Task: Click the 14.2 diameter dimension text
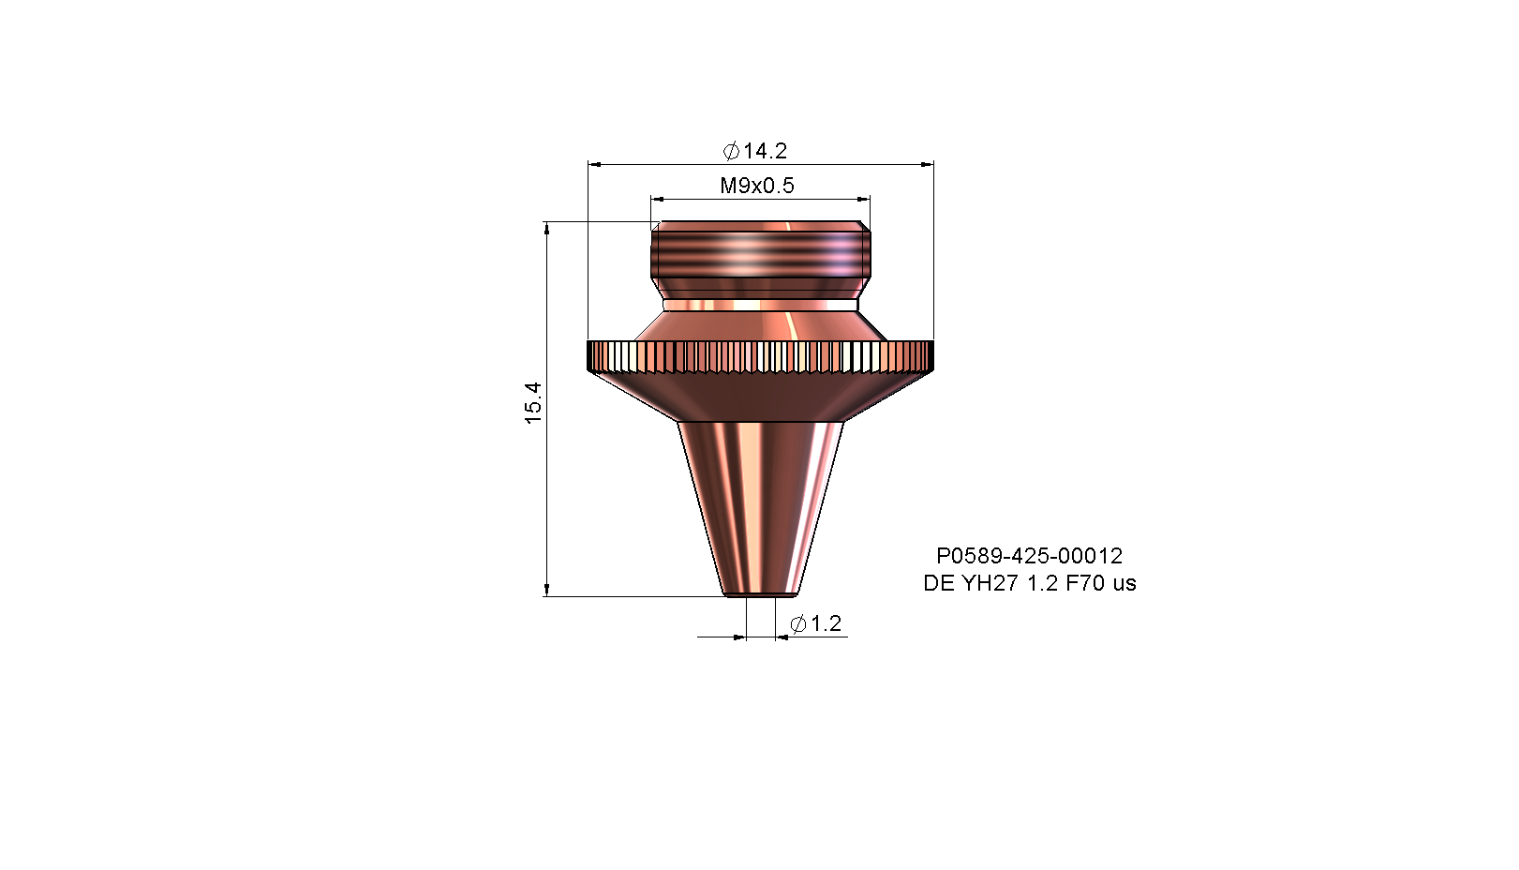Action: point(754,151)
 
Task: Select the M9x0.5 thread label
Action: point(757,186)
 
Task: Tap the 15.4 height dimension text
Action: point(534,403)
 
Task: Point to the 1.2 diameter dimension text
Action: point(816,623)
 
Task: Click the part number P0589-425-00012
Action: point(1030,556)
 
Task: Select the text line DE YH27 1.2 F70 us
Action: point(1030,583)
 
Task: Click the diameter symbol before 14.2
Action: point(731,151)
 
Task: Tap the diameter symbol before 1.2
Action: point(798,623)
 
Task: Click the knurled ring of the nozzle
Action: point(760,356)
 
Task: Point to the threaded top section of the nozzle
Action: point(761,254)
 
